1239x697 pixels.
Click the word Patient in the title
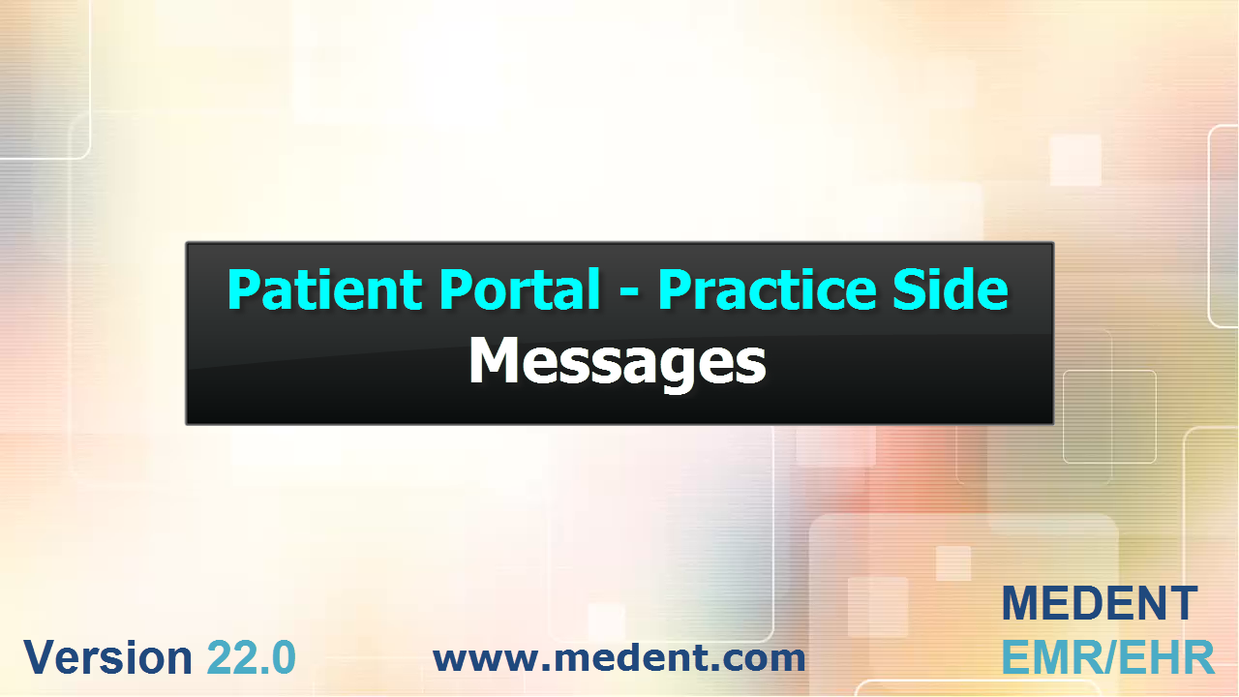pos(324,289)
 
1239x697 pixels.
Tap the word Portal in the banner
pos(520,289)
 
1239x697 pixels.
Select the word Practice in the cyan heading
pos(768,289)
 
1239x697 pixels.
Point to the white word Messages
pos(618,362)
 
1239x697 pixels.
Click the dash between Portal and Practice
pos(629,294)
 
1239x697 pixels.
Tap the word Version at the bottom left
pos(107,657)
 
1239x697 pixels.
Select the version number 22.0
pos(252,657)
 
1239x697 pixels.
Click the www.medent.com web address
pos(619,657)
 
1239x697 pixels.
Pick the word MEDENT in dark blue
pos(1100,603)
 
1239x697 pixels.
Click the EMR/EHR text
pos(1108,657)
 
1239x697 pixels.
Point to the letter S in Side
pos(908,289)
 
